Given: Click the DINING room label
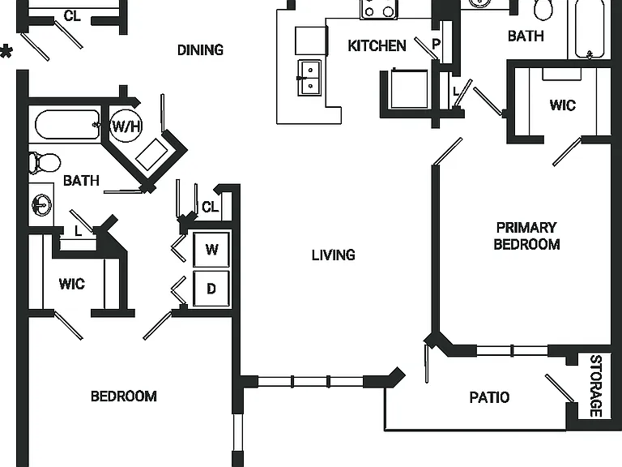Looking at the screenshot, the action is coord(200,50).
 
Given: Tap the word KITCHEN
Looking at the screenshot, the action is coord(377,45).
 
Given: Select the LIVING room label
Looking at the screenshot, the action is coord(333,255).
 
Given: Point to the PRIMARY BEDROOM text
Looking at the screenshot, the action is coord(526,236).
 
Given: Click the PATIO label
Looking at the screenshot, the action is coord(489,397).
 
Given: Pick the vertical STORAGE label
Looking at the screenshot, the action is coord(596,386).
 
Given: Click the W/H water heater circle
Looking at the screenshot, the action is coord(126,126).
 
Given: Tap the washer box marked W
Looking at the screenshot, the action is coord(211,250).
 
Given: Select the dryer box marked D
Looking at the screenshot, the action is coord(211,289).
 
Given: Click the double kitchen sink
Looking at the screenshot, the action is coord(310,78).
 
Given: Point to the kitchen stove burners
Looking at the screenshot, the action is coord(379,9).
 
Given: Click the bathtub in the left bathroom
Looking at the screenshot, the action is coord(67,125).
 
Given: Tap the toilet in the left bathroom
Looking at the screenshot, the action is coord(45,163).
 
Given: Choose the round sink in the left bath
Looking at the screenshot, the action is coord(41,205).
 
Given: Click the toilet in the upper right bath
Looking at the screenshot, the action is coord(543,10).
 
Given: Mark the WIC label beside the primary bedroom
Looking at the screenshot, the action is coord(563,105).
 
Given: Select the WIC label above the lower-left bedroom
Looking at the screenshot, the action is coord(72,284).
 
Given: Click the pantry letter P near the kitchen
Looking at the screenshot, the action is coord(436,44).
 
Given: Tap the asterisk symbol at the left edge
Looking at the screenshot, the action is coord(6,52).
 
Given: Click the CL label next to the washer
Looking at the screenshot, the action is coord(211,207).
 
